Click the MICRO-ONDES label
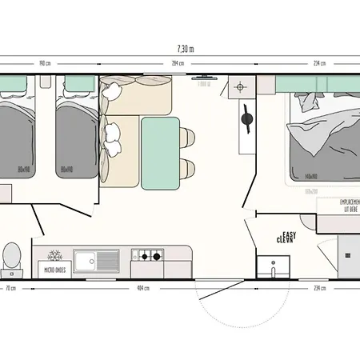pos(55,270)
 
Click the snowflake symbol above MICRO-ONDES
pos(55,256)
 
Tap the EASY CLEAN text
pos(286,236)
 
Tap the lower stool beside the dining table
pos(187,168)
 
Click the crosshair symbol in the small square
pos(240,86)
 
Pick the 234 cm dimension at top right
pos(318,64)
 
